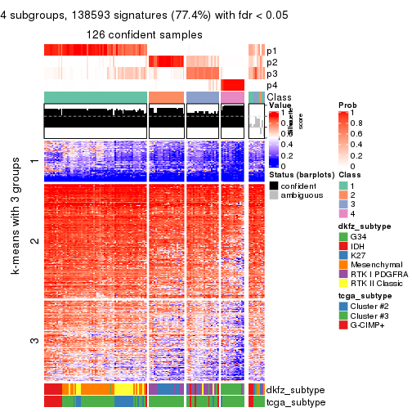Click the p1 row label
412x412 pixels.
[271, 50]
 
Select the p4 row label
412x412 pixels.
[271, 85]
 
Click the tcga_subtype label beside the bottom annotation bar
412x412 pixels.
[293, 401]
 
